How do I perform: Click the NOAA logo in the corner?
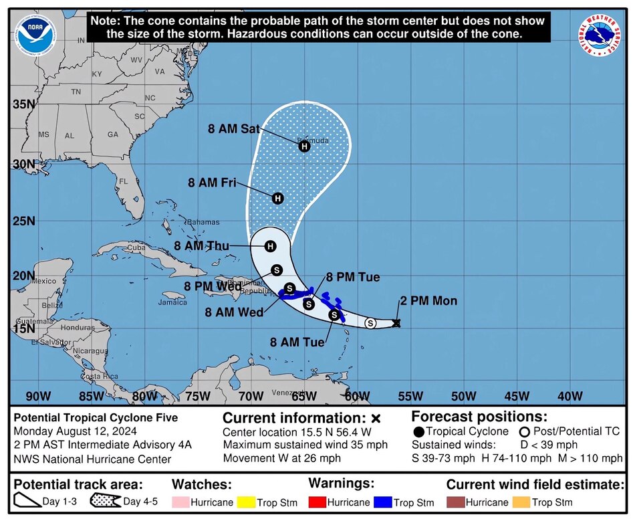[34, 34]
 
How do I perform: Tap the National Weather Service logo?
[600, 35]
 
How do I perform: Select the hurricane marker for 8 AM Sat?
[304, 146]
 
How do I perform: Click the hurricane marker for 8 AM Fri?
[278, 198]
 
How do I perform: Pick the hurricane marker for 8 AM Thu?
[271, 246]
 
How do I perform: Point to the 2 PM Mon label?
[428, 301]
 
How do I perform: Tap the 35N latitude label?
[23, 104]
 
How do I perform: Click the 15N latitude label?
[23, 328]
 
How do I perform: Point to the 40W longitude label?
[569, 396]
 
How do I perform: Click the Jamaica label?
[172, 302]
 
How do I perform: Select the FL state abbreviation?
[124, 181]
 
